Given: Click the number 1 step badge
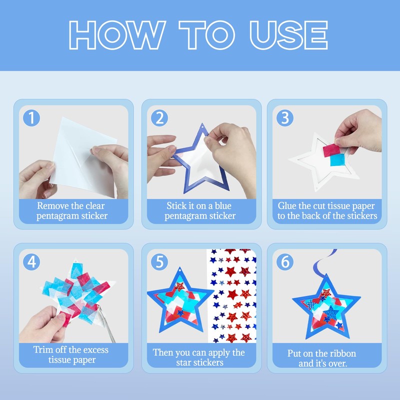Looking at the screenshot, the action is tap(31, 118).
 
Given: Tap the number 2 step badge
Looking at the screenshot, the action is tap(159, 118).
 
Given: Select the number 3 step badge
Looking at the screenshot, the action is tap(285, 118).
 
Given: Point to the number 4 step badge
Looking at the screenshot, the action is tap(31, 261).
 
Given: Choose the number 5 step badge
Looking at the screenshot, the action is tap(159, 261).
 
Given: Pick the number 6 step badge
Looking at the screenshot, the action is tap(285, 261).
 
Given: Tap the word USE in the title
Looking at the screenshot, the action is tap(289, 35).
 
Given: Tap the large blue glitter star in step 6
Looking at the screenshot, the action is tap(331, 312).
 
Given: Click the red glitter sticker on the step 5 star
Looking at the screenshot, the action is tap(179, 286).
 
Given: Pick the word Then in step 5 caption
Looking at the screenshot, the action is tap(163, 352).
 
